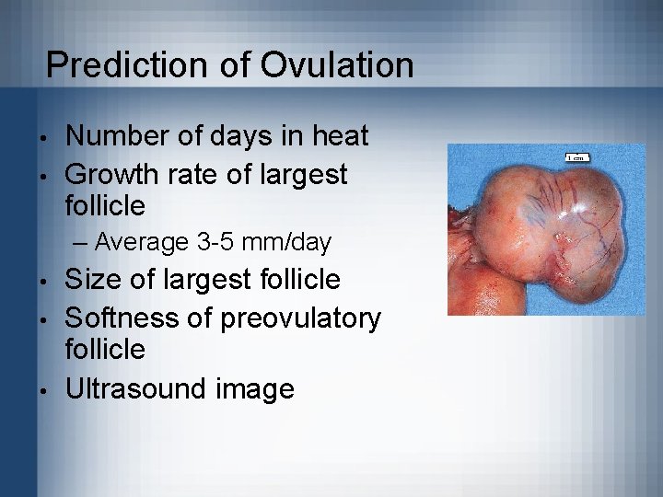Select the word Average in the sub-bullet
click(142, 242)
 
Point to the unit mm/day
click(290, 242)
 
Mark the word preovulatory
click(301, 318)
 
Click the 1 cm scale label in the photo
click(576, 157)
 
